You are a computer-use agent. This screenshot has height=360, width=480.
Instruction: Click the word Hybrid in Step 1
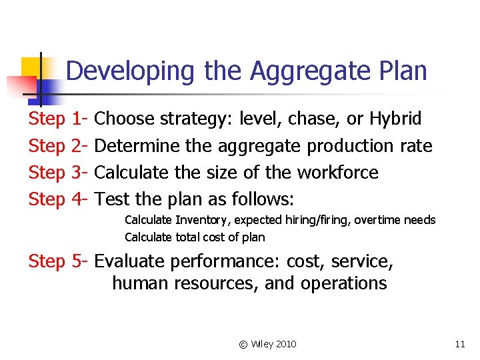click(395, 119)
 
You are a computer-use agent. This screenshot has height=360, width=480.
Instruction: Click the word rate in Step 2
click(417, 146)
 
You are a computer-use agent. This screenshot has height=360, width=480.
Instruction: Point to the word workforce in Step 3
click(337, 173)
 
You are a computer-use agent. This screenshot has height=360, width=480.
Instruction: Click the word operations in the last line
click(343, 283)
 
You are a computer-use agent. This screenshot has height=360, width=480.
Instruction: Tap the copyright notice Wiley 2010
click(267, 344)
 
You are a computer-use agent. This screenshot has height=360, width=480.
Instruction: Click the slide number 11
click(459, 344)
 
